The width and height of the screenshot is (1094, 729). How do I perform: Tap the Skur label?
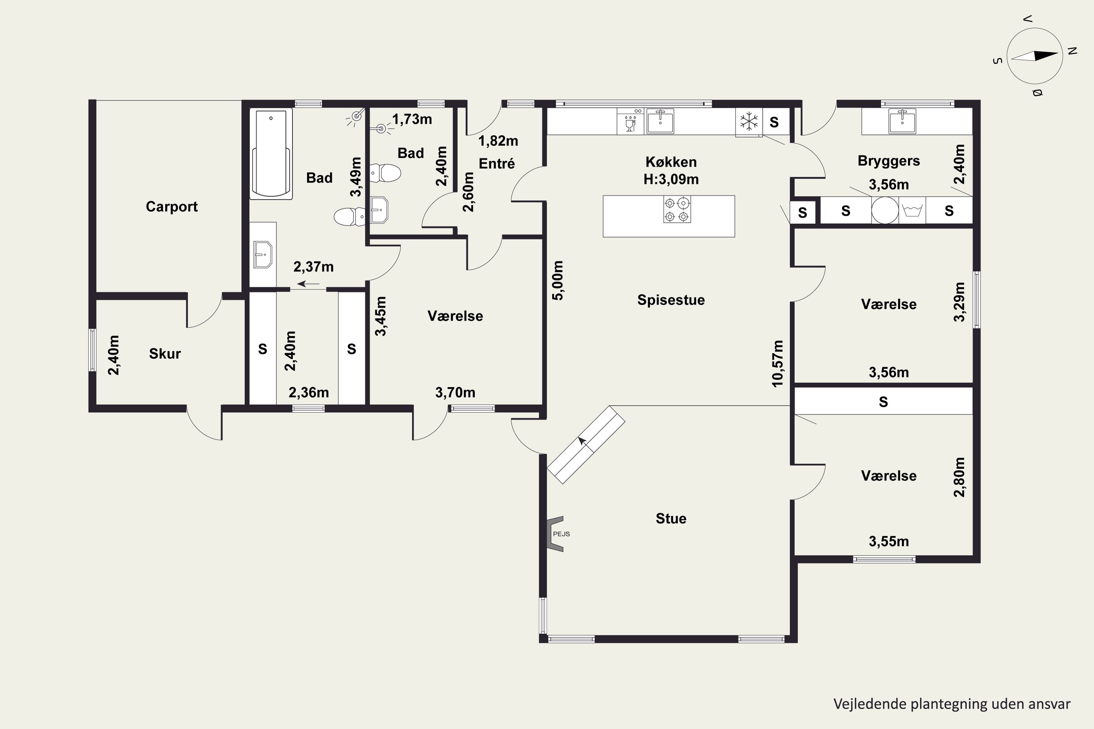pyautogui.click(x=165, y=354)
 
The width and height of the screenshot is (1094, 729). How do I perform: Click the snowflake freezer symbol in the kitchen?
pyautogui.click(x=749, y=122)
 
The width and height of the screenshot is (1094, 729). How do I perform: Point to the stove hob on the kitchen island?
pyautogui.click(x=677, y=209)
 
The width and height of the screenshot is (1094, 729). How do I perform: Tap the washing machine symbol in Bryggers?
pyautogui.click(x=912, y=210)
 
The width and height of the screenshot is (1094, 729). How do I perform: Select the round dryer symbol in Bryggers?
pyautogui.click(x=885, y=210)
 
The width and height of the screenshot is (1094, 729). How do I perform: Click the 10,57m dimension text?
pyautogui.click(x=777, y=363)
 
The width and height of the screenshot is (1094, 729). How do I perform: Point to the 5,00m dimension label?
pyautogui.click(x=558, y=280)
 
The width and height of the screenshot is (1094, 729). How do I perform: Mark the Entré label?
pyautogui.click(x=497, y=164)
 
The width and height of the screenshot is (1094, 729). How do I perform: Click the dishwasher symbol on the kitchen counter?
pyautogui.click(x=630, y=121)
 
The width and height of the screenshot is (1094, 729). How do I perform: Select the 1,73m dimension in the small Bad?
pyautogui.click(x=412, y=120)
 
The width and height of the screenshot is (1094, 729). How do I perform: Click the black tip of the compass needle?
pyautogui.click(x=1058, y=54)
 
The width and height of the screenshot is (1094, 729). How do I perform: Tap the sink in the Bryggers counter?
pyautogui.click(x=902, y=121)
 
